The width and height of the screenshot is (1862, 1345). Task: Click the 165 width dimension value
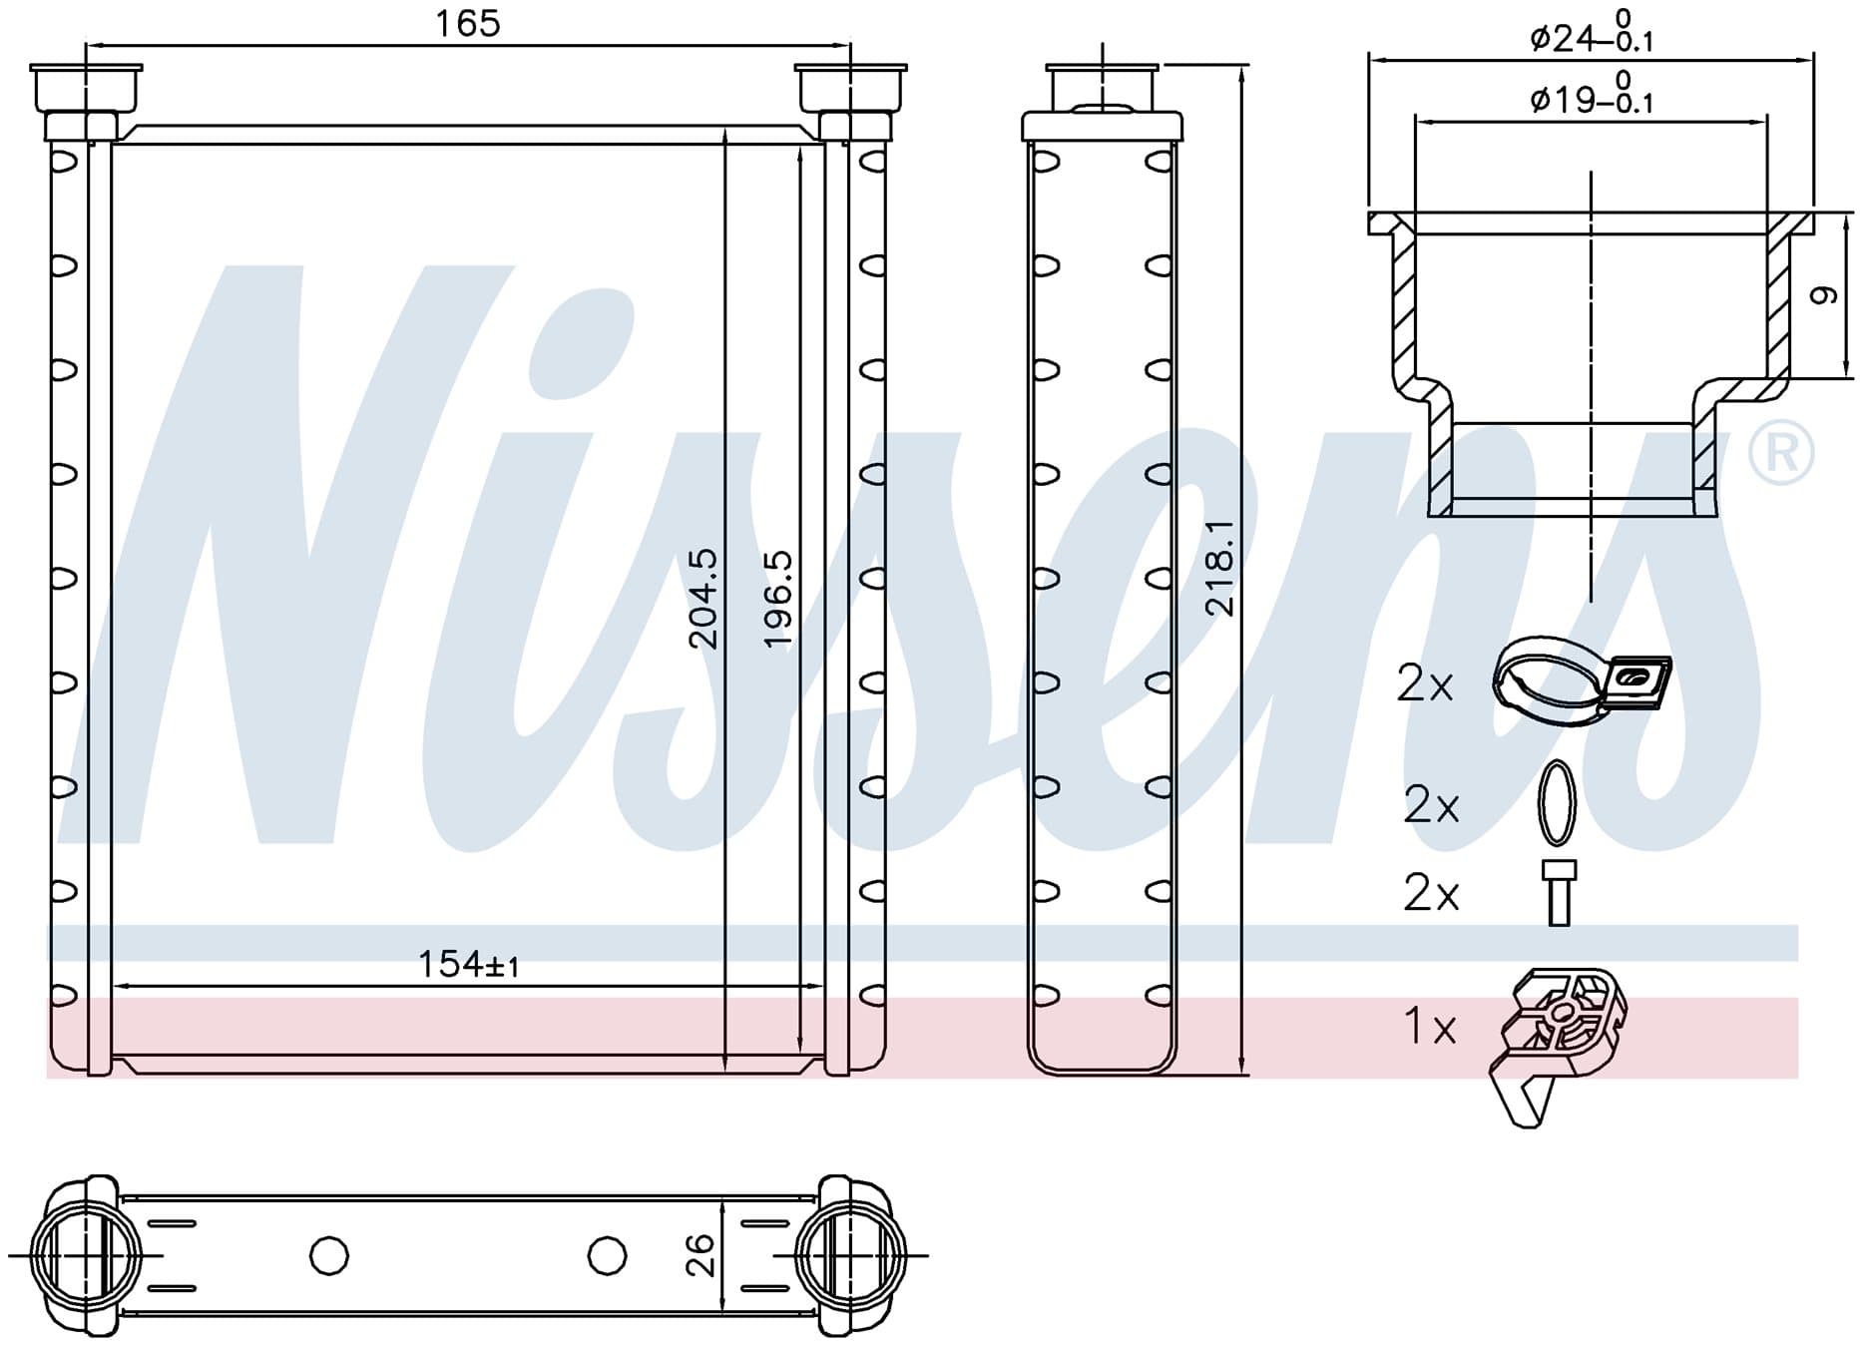(x=467, y=23)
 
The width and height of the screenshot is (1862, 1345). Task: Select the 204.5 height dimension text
(x=703, y=599)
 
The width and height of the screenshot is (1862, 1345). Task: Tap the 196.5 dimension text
(x=778, y=599)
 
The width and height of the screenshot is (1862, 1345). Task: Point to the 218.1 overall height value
(x=1220, y=568)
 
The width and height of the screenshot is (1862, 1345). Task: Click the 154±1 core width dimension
(x=468, y=965)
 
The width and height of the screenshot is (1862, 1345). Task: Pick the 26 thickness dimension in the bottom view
(x=701, y=1255)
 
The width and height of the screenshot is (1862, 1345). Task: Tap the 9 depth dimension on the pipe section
(x=1823, y=295)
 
